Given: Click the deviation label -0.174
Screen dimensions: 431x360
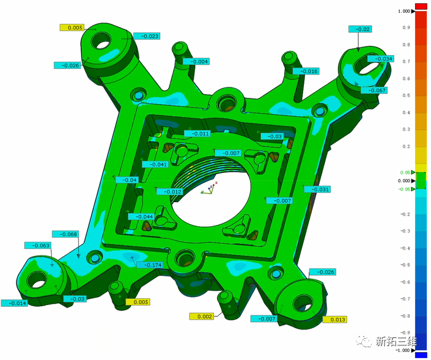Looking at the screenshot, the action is click(150, 265).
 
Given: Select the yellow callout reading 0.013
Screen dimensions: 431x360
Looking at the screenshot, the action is click(334, 319).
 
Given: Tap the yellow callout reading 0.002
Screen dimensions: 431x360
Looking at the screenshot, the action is click(202, 317).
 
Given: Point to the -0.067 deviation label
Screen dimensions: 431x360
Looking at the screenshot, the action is click(374, 90).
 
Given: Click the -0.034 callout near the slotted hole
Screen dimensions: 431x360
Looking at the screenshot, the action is click(381, 59).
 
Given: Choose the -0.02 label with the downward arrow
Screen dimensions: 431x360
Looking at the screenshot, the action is click(360, 29).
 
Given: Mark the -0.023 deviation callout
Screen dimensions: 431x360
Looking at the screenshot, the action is click(147, 36).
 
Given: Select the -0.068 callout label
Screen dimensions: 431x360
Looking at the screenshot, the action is click(65, 234).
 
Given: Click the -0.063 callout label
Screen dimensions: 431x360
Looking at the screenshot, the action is click(38, 246).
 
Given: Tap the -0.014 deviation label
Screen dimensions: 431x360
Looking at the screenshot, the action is click(15, 303).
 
